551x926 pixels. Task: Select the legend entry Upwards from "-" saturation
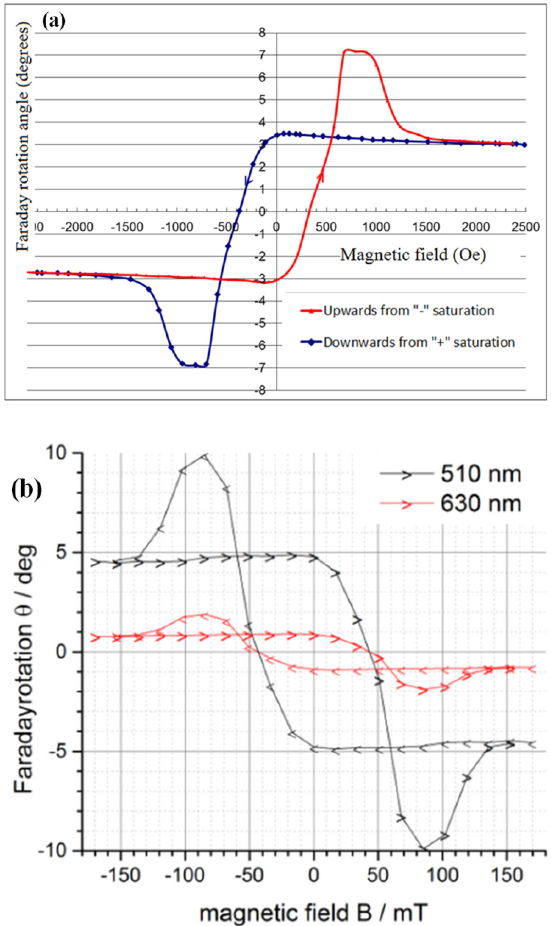point(408,310)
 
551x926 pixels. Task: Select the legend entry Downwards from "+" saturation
point(419,342)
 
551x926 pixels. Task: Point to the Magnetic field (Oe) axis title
point(413,255)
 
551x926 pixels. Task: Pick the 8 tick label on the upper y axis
point(262,33)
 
